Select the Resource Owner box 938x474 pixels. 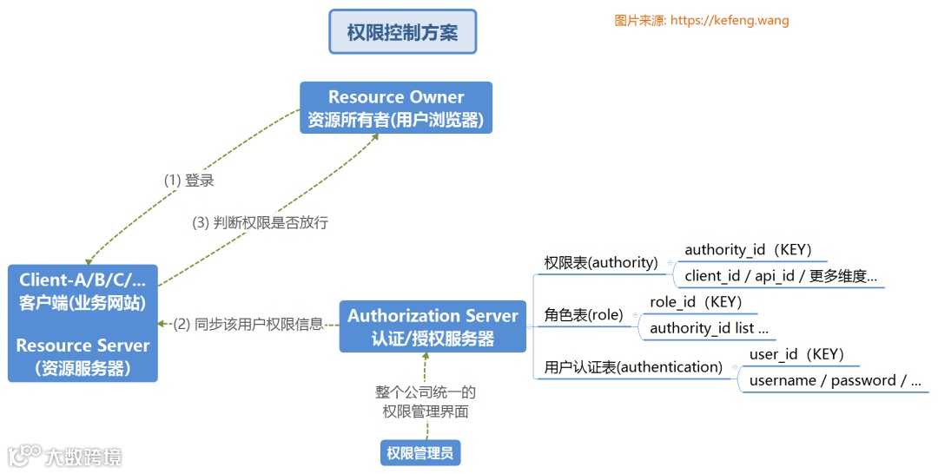pos(396,109)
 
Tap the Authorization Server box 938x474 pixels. pos(433,326)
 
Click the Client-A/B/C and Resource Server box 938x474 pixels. pos(83,323)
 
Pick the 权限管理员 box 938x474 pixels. pos(419,452)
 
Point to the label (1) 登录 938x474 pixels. pos(189,181)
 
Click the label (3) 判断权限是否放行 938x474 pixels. pos(260,222)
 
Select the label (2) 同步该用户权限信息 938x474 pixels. pos(248,324)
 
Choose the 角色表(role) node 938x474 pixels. pos(584,314)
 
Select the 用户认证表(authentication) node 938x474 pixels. pos(633,366)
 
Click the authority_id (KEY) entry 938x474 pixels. pos(748,250)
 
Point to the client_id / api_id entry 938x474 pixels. pos(781,276)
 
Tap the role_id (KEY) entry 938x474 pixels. pos(696,302)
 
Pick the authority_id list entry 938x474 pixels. pos(709,328)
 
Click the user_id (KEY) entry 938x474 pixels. pos(796,354)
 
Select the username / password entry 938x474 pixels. pos(834,380)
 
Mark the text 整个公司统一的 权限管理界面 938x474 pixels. pos(426,402)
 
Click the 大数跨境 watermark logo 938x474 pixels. pos(65,455)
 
